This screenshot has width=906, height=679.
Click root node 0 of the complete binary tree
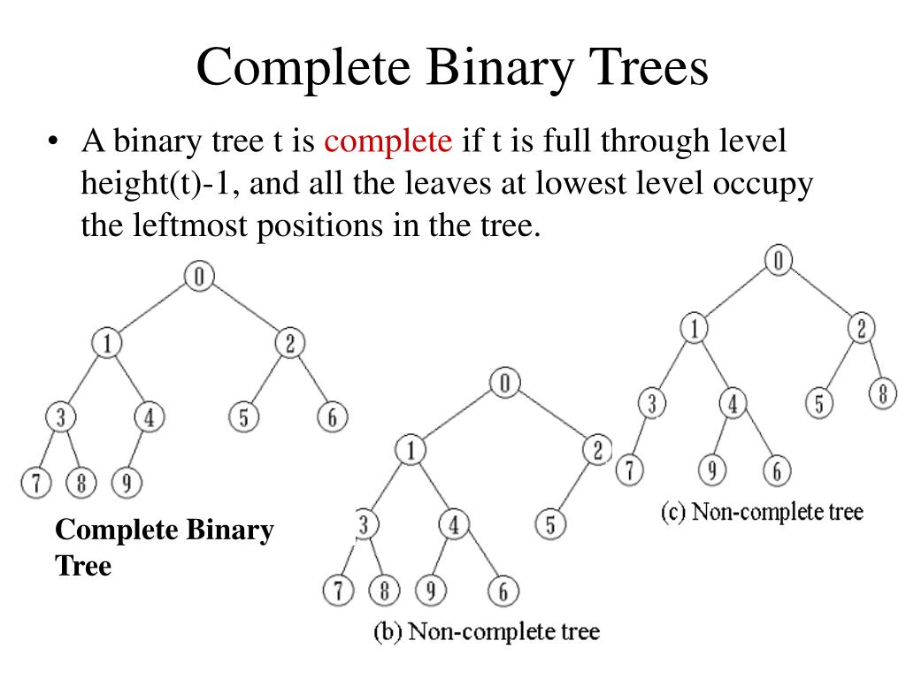[199, 277]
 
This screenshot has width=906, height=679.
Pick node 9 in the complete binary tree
[128, 483]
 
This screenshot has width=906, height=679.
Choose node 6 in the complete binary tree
[332, 417]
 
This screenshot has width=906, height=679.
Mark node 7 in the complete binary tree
[35, 483]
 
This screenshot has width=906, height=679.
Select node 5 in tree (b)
[549, 525]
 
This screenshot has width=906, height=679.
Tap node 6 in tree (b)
[503, 591]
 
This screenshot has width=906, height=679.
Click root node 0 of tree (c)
[778, 260]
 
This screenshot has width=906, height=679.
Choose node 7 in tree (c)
[628, 469]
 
